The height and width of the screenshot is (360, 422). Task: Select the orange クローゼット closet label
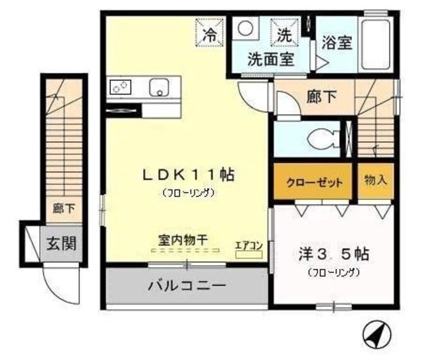pyautogui.click(x=315, y=183)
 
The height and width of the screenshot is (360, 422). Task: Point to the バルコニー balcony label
pyautogui.click(x=187, y=286)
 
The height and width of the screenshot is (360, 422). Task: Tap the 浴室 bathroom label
pyautogui.click(x=336, y=43)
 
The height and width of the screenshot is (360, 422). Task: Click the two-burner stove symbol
pyautogui.click(x=121, y=86)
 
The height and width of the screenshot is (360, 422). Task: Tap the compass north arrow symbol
pyautogui.click(x=376, y=336)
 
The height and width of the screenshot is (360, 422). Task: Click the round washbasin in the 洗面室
pyautogui.click(x=245, y=29)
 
